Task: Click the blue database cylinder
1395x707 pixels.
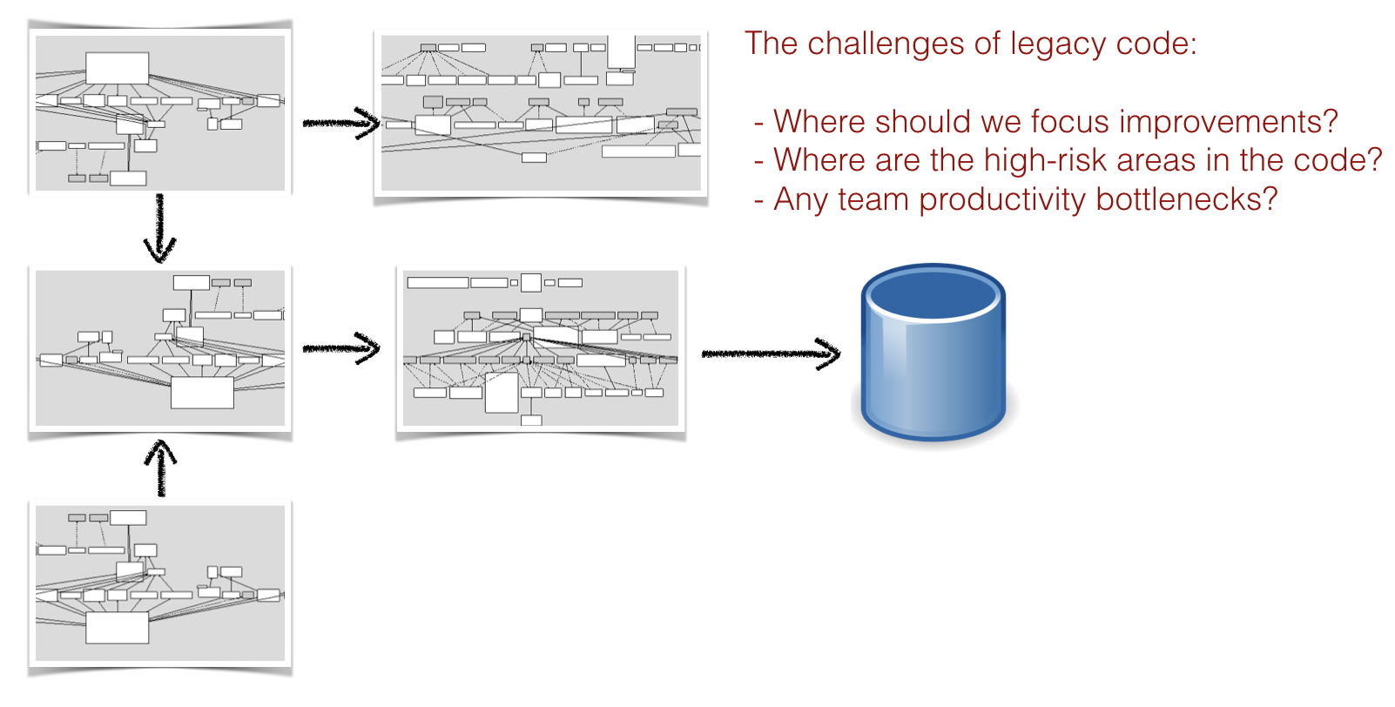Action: pyautogui.click(x=933, y=352)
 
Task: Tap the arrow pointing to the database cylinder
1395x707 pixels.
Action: pyautogui.click(x=771, y=353)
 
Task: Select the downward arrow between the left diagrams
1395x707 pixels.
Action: pyautogui.click(x=160, y=228)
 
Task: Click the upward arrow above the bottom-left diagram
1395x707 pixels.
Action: pyautogui.click(x=161, y=468)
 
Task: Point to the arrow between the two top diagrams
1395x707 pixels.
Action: pyautogui.click(x=341, y=124)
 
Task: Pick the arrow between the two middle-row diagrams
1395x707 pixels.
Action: pyautogui.click(x=341, y=348)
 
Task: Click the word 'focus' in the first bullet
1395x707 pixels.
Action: pyautogui.click(x=1070, y=122)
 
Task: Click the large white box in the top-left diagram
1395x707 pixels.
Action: pyautogui.click(x=117, y=68)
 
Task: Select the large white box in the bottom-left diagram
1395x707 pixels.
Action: pyautogui.click(x=117, y=627)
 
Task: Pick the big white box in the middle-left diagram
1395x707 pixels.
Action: pyautogui.click(x=202, y=393)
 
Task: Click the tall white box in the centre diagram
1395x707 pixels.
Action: pyautogui.click(x=502, y=393)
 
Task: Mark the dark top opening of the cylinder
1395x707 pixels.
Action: pyautogui.click(x=933, y=292)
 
